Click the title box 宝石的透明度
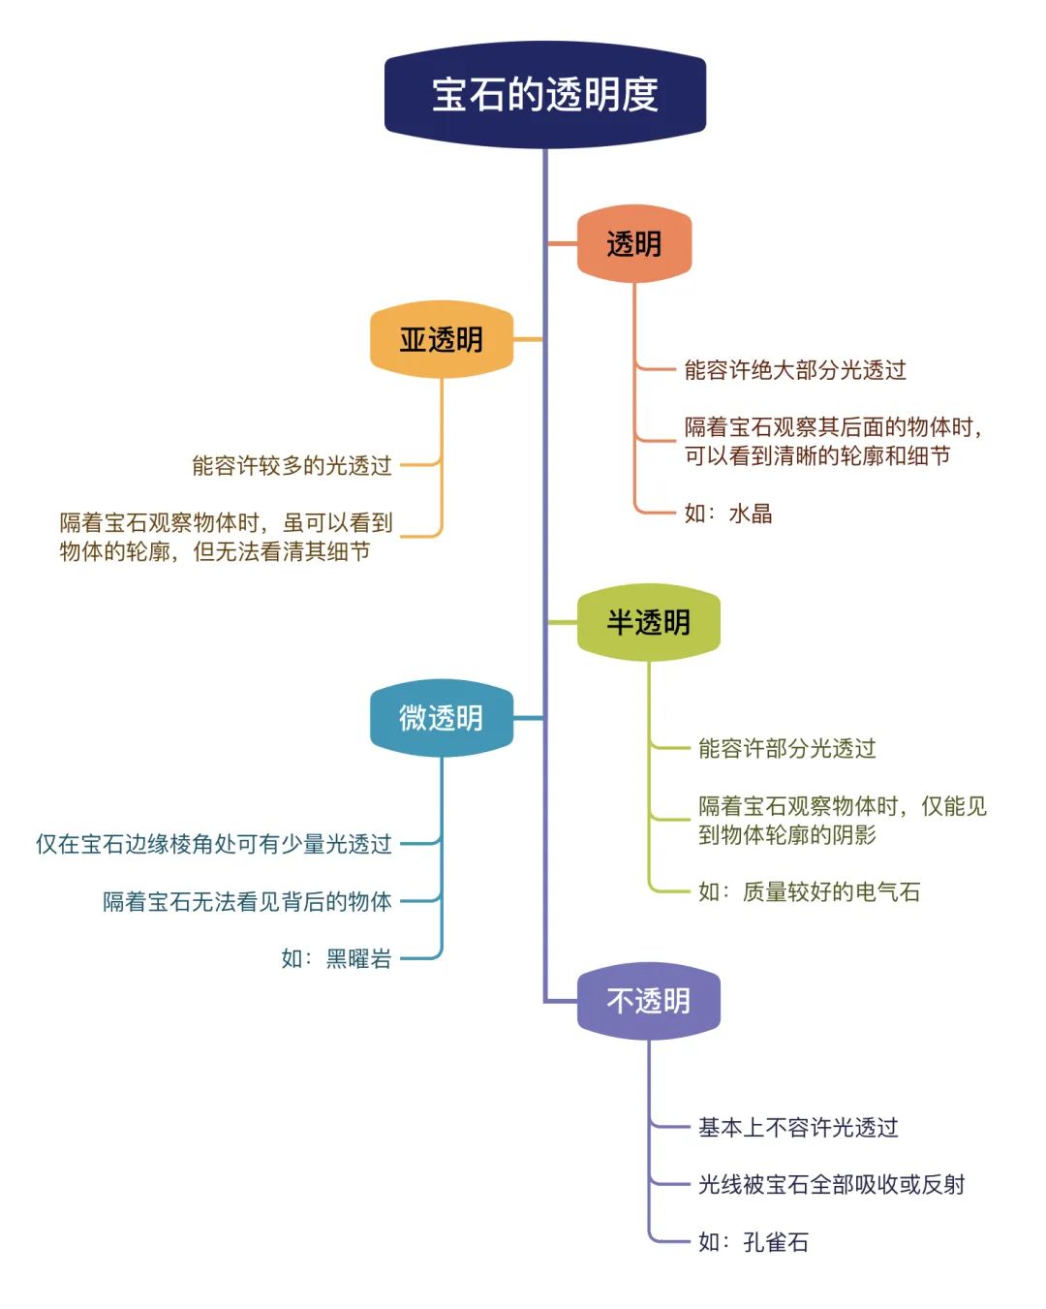(545, 94)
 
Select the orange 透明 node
(633, 243)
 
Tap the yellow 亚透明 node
(442, 339)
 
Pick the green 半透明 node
(648, 622)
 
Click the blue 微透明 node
(442, 718)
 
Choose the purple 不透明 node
(648, 1001)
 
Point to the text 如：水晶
(728, 513)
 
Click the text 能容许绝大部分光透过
(795, 369)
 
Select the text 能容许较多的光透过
(292, 465)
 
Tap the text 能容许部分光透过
(787, 748)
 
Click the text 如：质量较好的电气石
(809, 891)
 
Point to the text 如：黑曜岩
(336, 958)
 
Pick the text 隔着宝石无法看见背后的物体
(247, 901)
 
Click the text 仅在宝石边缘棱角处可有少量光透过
(213, 844)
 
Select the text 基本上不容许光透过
(798, 1127)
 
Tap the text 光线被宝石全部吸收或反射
(831, 1184)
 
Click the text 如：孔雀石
(754, 1241)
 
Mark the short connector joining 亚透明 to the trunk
(528, 339)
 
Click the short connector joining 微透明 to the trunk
(528, 718)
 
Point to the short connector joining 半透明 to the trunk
(563, 622)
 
